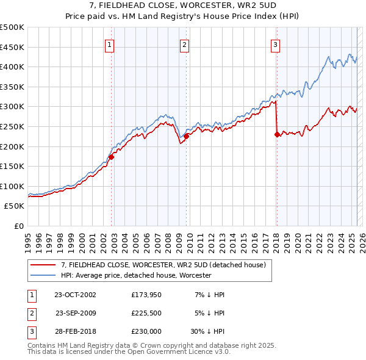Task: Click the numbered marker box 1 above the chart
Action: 109,44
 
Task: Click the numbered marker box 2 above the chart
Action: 184,44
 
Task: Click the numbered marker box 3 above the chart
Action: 276,44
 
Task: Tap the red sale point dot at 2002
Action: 111,157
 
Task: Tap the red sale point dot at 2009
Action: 187,136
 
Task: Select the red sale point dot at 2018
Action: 278,134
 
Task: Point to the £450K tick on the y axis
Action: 13,47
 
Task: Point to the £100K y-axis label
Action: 13,186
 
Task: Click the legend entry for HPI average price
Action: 135,276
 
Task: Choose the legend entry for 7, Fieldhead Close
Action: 163,265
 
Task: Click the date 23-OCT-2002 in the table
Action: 75,295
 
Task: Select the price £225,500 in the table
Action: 146,312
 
